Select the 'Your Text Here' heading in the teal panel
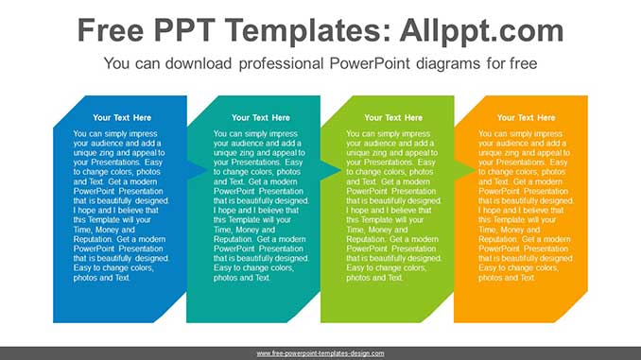click(260, 118)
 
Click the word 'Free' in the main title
click(113, 31)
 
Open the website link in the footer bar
click(320, 353)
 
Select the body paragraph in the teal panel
click(260, 206)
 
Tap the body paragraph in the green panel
click(393, 206)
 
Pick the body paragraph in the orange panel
click(526, 206)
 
